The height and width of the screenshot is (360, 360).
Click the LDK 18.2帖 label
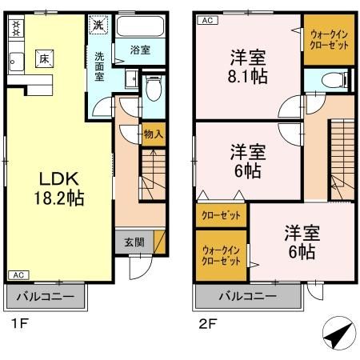pyautogui.click(x=54, y=186)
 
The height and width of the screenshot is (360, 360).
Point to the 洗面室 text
pyautogui.click(x=100, y=67)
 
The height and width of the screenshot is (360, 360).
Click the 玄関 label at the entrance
pyautogui.click(x=135, y=242)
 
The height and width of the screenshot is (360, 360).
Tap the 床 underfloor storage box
pyautogui.click(x=42, y=58)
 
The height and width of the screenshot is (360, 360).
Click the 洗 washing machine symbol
pyautogui.click(x=97, y=25)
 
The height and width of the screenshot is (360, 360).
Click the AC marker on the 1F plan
pyautogui.click(x=16, y=275)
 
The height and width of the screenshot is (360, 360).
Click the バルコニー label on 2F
pyautogui.click(x=248, y=297)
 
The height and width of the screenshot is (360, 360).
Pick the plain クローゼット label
pyautogui.click(x=221, y=215)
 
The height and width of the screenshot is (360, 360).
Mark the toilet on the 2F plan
pyautogui.click(x=330, y=79)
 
